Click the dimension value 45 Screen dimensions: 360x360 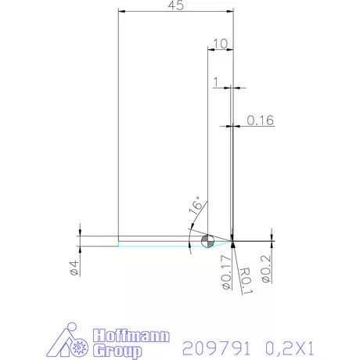175,5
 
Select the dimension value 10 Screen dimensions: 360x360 220,42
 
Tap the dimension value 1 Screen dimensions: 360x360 216,81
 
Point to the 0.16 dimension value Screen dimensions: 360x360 260,121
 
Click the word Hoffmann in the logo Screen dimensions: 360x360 129,337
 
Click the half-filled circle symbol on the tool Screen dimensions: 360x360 207,241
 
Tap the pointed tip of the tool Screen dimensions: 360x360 233,239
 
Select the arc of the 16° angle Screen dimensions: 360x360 190,235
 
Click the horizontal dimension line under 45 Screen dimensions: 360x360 175,12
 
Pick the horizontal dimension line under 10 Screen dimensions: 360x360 220,49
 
